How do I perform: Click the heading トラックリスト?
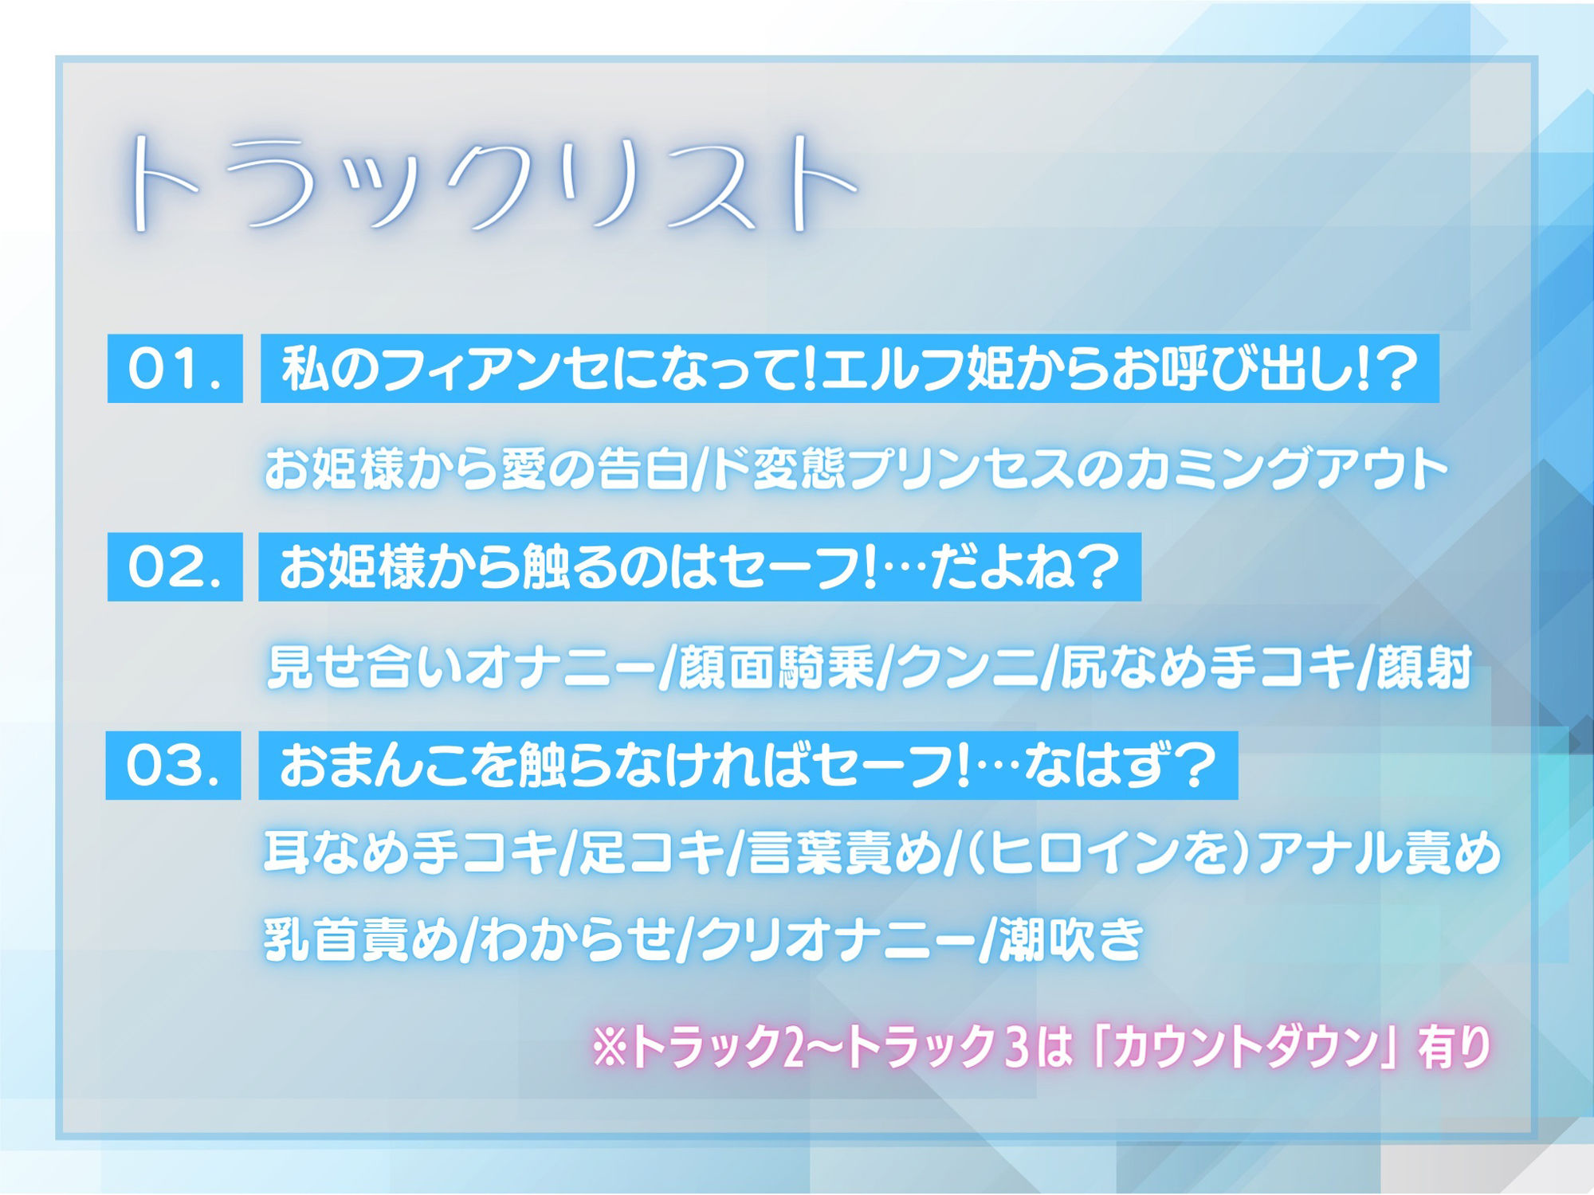point(490,183)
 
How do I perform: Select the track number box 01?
point(175,369)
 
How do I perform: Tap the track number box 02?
point(175,567)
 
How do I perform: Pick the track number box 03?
point(173,766)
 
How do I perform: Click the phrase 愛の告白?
point(595,468)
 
